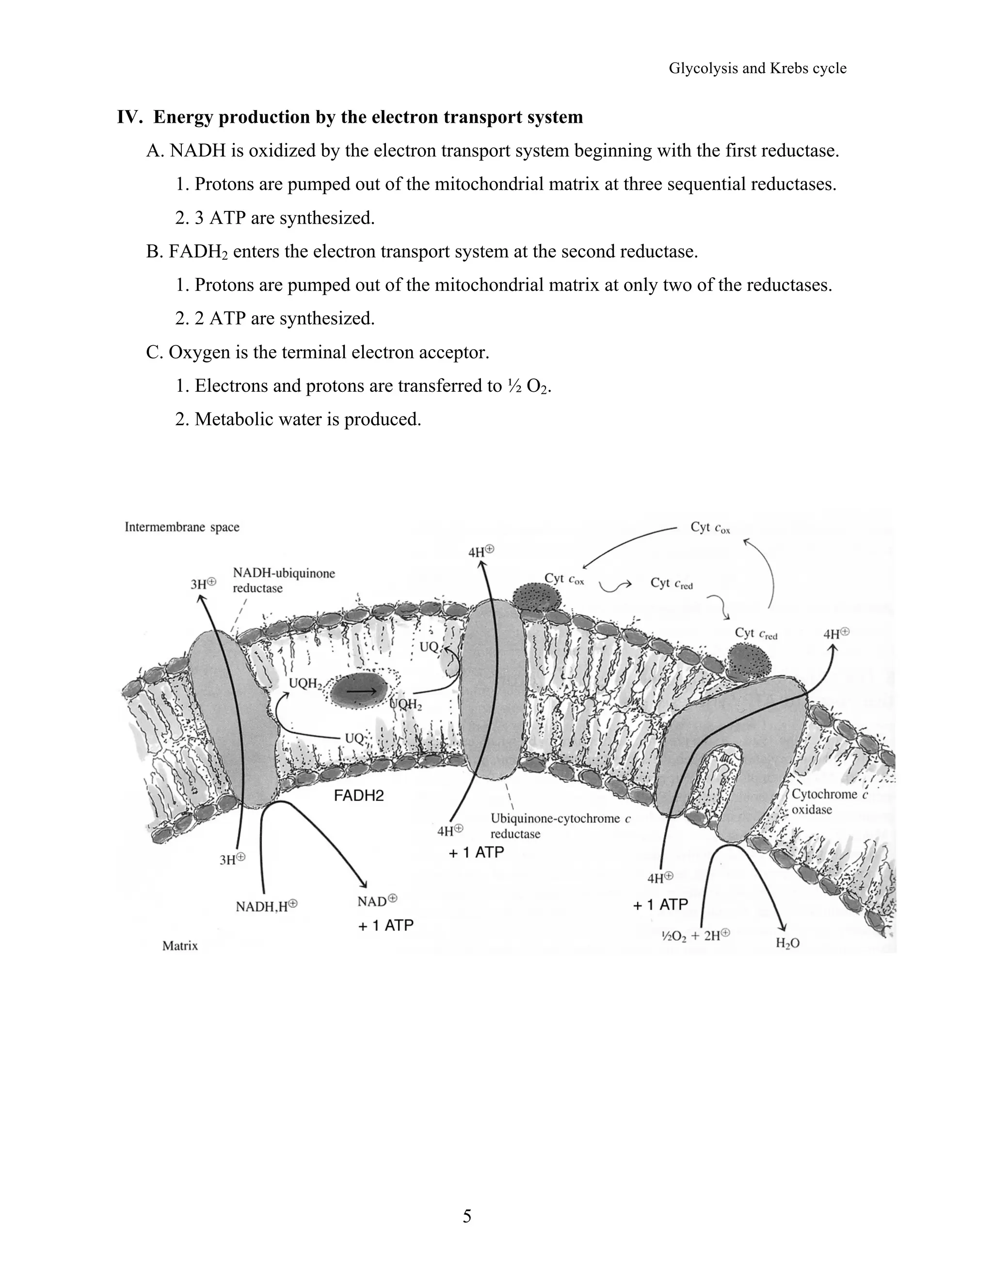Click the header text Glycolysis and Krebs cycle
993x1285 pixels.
coord(757,68)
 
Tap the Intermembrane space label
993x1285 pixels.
coord(182,527)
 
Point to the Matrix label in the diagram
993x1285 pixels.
coord(180,946)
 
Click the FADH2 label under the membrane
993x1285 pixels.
coord(358,795)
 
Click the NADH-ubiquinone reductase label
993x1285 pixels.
coord(284,580)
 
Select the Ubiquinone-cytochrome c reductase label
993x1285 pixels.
coord(560,825)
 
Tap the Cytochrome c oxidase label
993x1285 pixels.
coord(828,802)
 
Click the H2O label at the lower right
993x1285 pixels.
coord(787,943)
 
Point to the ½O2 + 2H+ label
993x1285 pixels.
coord(696,935)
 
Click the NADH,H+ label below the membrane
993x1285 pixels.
coord(266,906)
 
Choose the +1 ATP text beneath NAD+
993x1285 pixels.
coord(385,926)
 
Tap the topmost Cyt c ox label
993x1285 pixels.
coord(709,527)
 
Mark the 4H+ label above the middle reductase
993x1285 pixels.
coord(480,551)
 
